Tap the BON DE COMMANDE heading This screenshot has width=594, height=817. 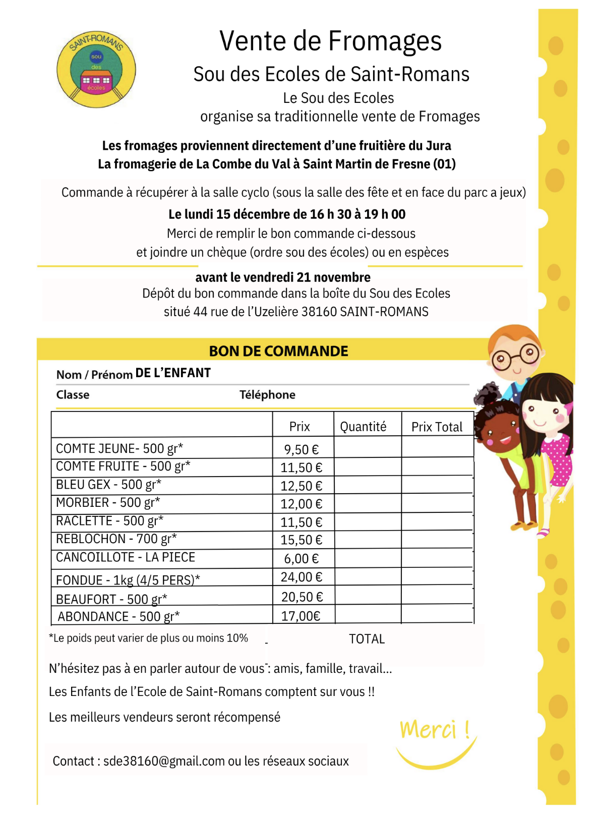(278, 351)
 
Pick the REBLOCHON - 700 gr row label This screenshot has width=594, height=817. (116, 539)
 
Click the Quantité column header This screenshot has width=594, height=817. (363, 427)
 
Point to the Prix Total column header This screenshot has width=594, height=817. (437, 427)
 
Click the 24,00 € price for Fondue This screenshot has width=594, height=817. (301, 577)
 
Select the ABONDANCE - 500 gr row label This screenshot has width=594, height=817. (118, 617)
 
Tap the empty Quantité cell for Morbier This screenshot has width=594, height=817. (368, 503)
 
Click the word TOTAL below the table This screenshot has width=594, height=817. (367, 639)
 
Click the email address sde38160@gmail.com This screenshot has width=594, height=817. (164, 761)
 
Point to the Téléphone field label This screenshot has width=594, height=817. (267, 395)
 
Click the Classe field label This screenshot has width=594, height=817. (73, 395)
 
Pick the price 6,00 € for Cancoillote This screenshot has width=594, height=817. (301, 559)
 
